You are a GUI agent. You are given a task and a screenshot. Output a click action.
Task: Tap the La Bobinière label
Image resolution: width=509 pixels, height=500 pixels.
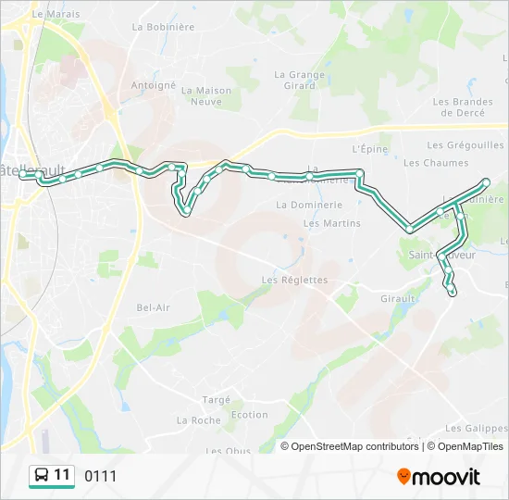click(163, 27)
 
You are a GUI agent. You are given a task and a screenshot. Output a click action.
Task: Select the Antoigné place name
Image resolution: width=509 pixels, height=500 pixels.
click(153, 85)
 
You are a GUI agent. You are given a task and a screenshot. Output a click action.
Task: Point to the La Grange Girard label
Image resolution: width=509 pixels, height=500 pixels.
click(300, 81)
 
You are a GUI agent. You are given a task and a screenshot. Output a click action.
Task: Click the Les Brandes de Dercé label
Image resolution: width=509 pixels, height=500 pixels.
click(463, 107)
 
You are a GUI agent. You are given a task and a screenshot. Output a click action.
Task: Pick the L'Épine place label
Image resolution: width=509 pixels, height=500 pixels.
click(367, 148)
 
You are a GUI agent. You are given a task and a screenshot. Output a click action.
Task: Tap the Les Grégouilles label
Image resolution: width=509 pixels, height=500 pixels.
click(465, 145)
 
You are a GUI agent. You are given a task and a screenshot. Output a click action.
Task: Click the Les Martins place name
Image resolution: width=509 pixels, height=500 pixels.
click(331, 223)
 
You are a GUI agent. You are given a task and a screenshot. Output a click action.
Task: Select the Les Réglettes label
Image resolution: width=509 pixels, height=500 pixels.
click(294, 280)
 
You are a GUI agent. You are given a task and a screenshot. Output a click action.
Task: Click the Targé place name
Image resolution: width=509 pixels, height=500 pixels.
click(216, 399)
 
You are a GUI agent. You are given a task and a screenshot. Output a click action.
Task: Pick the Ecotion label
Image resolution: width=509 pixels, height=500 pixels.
click(250, 416)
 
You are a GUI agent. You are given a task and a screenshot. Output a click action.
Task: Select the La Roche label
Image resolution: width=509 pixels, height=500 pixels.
click(198, 420)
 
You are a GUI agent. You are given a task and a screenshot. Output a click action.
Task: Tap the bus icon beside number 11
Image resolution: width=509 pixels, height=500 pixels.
click(42, 476)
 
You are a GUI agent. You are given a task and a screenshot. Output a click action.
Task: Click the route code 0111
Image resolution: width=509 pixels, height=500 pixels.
click(101, 476)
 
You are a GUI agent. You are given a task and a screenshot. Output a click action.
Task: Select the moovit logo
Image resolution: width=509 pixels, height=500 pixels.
click(439, 477)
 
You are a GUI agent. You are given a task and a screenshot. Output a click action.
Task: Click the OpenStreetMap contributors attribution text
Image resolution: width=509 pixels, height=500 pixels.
click(354, 446)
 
